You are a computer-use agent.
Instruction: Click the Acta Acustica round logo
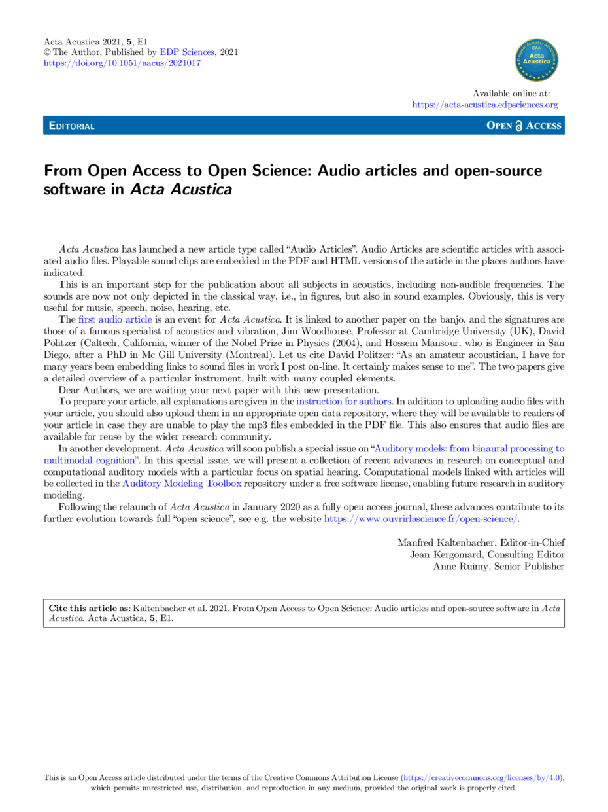[536, 60]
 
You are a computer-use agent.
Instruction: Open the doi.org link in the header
[122, 63]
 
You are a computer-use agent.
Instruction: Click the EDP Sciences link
[187, 52]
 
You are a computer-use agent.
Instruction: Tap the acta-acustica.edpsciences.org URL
[485, 105]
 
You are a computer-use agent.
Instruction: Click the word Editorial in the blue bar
[72, 126]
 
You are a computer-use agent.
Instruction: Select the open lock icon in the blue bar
[518, 126]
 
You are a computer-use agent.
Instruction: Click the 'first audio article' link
[115, 319]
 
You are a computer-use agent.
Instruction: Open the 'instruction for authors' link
[343, 401]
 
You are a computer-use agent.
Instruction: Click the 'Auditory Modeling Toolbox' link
[182, 484]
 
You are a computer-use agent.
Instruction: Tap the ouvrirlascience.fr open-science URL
[420, 519]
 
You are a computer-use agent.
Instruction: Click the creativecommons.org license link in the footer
[482, 777]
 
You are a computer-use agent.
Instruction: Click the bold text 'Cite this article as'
[89, 608]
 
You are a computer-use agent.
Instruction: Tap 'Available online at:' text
[511, 93]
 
